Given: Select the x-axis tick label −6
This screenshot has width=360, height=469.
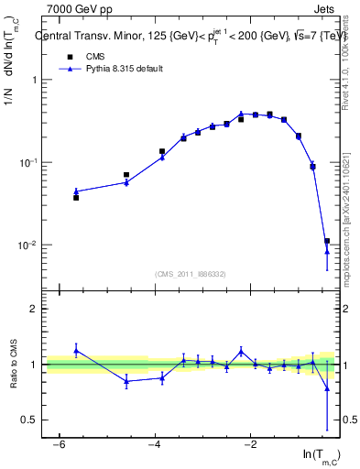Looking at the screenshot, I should (x=58, y=445).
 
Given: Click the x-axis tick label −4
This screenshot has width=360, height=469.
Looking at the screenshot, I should (x=154, y=445).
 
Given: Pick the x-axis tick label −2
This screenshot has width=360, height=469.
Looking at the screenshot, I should (x=250, y=445).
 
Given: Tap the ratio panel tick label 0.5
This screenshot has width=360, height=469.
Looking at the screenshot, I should (x=31, y=420).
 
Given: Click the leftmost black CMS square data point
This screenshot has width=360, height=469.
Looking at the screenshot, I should (x=76, y=197).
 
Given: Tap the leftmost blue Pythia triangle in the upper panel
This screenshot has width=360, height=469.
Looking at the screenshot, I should (x=76, y=191).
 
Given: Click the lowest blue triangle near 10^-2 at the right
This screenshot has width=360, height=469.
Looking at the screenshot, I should (x=327, y=252).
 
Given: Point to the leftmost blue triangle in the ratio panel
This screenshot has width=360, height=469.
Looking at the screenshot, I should (x=76, y=350).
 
